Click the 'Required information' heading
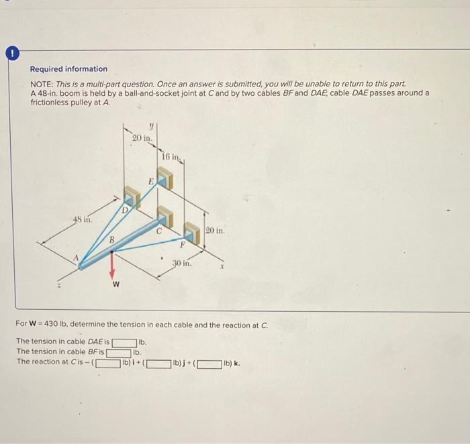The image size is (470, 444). [x=68, y=69]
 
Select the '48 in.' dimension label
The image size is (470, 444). [x=83, y=219]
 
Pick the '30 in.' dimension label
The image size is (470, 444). [x=182, y=264]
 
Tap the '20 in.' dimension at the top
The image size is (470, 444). [x=142, y=138]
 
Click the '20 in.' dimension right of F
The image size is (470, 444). [x=215, y=230]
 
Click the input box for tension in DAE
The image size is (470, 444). [x=125, y=343]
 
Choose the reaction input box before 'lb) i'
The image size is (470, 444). [x=108, y=365]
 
